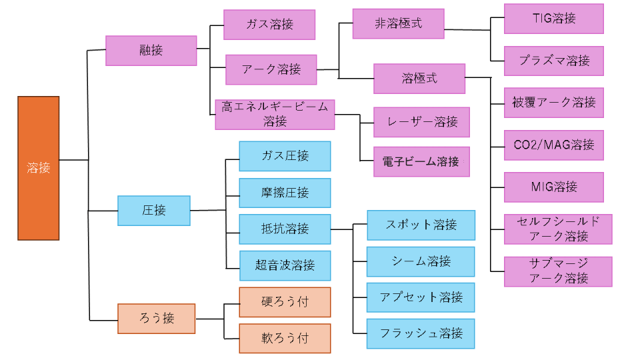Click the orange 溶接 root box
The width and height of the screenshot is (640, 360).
point(38,168)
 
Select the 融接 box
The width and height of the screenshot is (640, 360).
point(151,51)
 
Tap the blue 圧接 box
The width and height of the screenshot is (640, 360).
point(154,211)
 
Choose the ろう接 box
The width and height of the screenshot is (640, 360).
point(156,318)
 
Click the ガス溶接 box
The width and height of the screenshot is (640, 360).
point(269,25)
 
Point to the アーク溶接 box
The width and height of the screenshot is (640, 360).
point(271,69)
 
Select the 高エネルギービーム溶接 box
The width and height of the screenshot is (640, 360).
point(275,115)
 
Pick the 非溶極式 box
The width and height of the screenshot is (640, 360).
point(398,24)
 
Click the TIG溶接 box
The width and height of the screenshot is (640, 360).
point(553,19)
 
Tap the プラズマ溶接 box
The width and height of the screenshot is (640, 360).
point(553,61)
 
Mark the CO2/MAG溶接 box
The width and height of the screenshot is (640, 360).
point(553,145)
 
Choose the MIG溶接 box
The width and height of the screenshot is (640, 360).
point(553,187)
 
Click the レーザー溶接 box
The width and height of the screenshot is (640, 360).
point(421,122)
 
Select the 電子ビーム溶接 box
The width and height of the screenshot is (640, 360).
point(421,162)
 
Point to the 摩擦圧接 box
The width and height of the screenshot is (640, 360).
point(285,193)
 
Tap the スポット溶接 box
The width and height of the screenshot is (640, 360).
point(421,225)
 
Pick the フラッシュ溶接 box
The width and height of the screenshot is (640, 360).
point(421,333)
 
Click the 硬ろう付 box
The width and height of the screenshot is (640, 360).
point(285,301)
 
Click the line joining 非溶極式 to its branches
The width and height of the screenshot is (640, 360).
point(467,30)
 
